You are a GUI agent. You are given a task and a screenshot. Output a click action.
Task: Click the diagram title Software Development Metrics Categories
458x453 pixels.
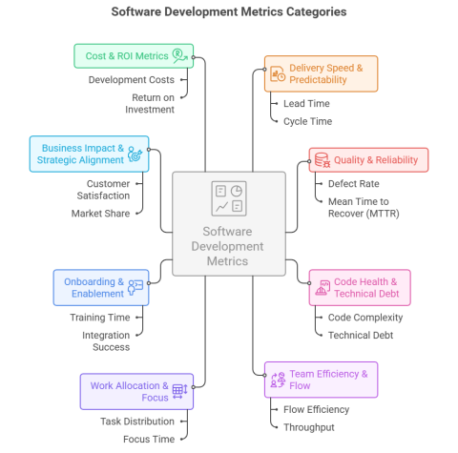(x=229, y=12)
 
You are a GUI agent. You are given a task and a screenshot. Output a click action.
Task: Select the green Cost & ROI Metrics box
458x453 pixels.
(x=134, y=55)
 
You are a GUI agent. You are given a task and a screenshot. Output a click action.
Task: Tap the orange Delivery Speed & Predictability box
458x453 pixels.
(x=321, y=72)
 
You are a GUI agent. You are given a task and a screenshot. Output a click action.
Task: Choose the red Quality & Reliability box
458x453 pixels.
(x=367, y=158)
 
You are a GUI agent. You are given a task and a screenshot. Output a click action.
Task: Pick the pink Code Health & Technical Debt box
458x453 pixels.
(x=367, y=287)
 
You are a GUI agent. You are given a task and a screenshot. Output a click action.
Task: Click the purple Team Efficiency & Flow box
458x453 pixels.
(x=321, y=379)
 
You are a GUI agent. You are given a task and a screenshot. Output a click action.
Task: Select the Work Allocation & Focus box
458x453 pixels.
(x=135, y=391)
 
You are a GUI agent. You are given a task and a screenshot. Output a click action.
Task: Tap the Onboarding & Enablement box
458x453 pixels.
(x=99, y=287)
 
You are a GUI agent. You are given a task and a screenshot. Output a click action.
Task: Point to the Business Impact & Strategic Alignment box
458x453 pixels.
(x=88, y=153)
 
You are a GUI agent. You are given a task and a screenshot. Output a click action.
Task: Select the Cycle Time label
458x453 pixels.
(x=305, y=121)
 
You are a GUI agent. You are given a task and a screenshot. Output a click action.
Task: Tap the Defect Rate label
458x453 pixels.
(x=352, y=183)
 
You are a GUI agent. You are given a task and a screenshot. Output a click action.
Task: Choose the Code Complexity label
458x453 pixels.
(x=364, y=318)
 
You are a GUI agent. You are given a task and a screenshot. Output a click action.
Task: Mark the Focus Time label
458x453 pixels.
(x=148, y=439)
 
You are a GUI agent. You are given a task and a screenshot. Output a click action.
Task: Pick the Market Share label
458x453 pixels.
(x=101, y=214)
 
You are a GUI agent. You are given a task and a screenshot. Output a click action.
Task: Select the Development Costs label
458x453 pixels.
(x=130, y=79)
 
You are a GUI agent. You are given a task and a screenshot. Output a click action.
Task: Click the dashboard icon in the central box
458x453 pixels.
(x=228, y=198)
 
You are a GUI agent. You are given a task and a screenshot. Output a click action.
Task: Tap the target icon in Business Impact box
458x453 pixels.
(x=135, y=153)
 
